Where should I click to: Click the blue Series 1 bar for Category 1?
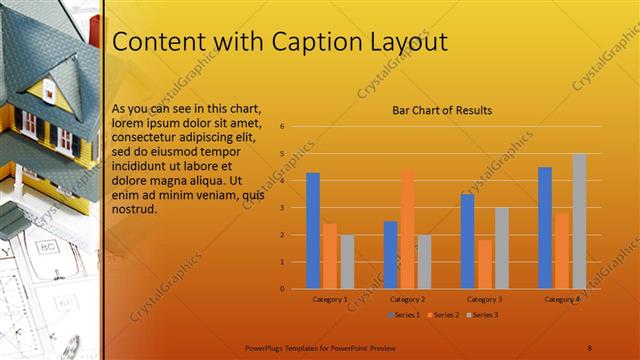point(313,231)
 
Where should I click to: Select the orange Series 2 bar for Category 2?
point(407,229)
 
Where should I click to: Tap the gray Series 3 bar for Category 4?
point(579,221)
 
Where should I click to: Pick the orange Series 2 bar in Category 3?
point(484,264)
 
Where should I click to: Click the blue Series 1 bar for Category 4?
point(545,228)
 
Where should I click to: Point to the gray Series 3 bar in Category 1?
point(347,262)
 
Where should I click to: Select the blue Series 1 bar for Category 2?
point(390,255)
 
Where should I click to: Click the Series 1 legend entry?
point(403,315)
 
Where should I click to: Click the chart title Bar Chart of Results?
point(441,110)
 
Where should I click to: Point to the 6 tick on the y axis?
point(283,127)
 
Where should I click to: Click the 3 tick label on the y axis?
point(283,208)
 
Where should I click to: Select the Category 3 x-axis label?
point(484,299)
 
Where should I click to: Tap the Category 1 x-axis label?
point(330,299)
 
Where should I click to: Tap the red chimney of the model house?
point(94,30)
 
